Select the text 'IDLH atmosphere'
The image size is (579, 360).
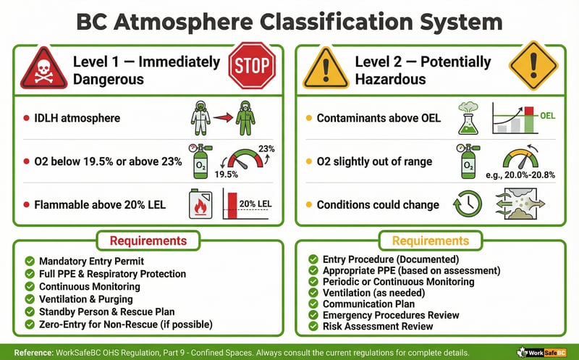tap(79, 117)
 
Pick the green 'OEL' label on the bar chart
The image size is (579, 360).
tap(548, 115)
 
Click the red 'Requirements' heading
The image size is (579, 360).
tap(150, 240)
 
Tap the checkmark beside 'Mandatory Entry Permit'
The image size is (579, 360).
tap(29, 261)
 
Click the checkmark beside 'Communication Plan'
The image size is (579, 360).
tap(313, 304)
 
